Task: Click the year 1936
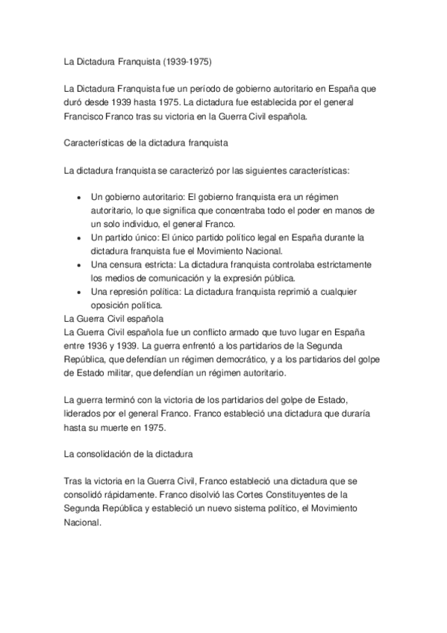104,346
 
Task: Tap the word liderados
84,414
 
